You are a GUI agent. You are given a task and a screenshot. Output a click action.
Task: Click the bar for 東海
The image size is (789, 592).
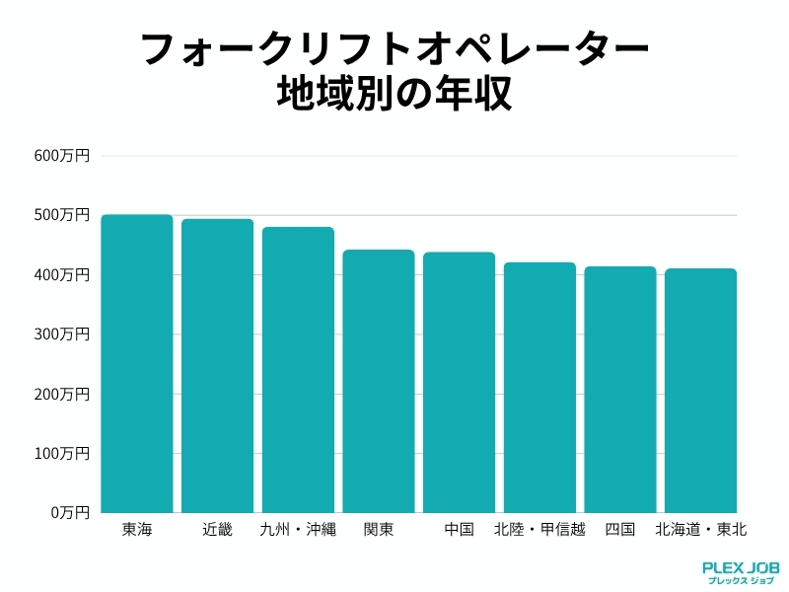pyautogui.click(x=137, y=364)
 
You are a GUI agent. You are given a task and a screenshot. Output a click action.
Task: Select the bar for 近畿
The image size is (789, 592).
pyautogui.click(x=217, y=366)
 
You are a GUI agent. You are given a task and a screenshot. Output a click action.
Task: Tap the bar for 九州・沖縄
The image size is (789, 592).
pyautogui.click(x=298, y=370)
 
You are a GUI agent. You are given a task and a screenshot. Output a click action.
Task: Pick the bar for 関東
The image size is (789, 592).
pyautogui.click(x=379, y=382)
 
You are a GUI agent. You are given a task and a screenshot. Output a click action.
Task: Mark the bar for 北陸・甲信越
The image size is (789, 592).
pyautogui.click(x=539, y=388)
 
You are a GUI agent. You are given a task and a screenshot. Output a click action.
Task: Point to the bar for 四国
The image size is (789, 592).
pyautogui.click(x=620, y=390)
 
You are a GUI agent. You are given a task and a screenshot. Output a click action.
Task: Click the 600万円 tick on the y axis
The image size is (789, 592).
pyautogui.click(x=62, y=156)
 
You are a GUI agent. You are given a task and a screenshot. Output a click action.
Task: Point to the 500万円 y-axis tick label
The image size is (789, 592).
pyautogui.click(x=62, y=215)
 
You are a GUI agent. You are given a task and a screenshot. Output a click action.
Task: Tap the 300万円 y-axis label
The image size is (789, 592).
pyautogui.click(x=62, y=334)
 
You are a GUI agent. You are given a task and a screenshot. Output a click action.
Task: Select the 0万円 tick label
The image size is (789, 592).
pyautogui.click(x=69, y=513)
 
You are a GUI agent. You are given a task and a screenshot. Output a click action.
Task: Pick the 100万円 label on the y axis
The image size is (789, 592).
pyautogui.click(x=62, y=454)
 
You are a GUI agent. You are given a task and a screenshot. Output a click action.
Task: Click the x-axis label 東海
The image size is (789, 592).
pyautogui.click(x=137, y=530)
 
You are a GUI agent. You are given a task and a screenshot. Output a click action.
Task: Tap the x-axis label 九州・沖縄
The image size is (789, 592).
pyautogui.click(x=298, y=530)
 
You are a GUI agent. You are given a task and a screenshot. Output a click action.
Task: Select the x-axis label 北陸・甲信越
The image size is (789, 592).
pyautogui.click(x=539, y=530)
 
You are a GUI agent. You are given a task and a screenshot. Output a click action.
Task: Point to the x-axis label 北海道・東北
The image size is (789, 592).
pyautogui.click(x=700, y=530)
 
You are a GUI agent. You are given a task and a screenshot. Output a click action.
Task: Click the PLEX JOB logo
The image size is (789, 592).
pyautogui.click(x=741, y=572)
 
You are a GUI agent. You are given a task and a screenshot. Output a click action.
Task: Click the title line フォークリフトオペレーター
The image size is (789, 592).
pyautogui.click(x=394, y=49)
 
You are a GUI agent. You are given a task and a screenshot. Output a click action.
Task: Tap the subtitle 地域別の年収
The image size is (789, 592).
pyautogui.click(x=394, y=96)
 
